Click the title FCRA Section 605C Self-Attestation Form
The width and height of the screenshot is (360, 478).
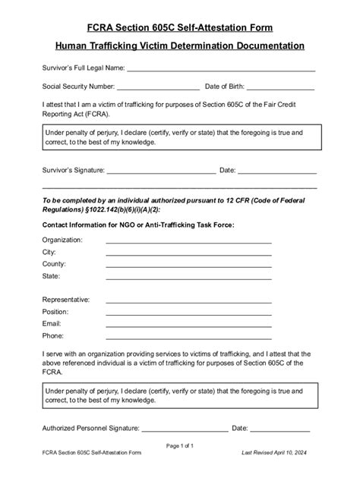pyautogui.click(x=179, y=27)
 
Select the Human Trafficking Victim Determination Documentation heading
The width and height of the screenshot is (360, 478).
pyautogui.click(x=179, y=46)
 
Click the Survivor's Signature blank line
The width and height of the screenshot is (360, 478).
pyautogui.click(x=161, y=173)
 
